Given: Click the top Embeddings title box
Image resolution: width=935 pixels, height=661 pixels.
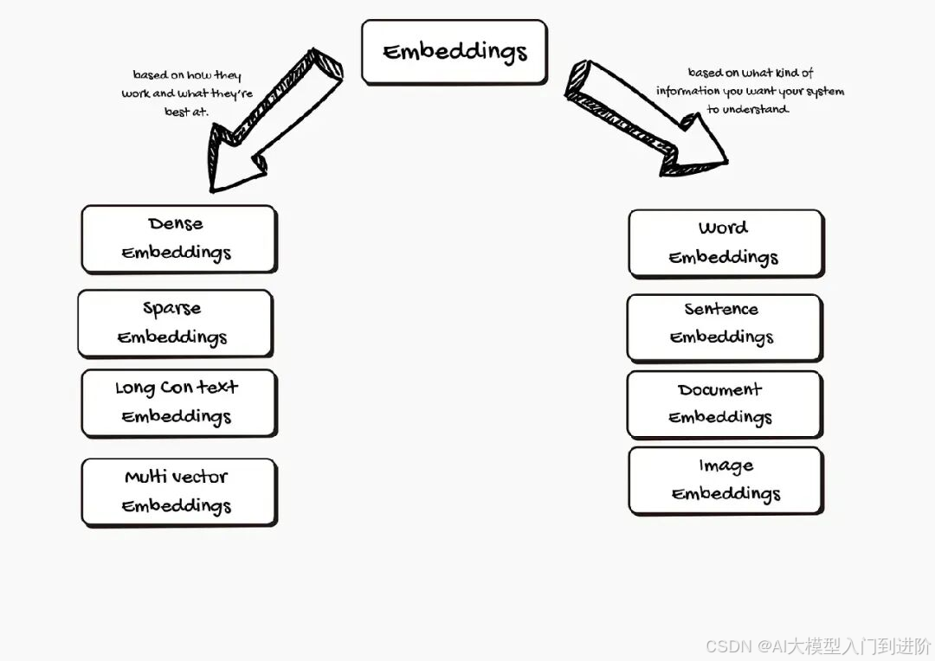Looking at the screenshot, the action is (x=455, y=52).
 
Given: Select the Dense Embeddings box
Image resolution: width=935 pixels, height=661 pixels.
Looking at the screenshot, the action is (x=178, y=239).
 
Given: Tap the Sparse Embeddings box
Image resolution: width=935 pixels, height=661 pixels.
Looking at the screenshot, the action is (x=175, y=323).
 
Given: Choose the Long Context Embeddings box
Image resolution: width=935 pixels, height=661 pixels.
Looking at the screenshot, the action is (x=178, y=402).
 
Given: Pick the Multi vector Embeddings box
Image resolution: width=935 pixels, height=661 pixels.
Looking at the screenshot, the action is (x=178, y=491).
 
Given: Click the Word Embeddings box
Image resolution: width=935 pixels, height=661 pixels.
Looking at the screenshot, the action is (x=725, y=243).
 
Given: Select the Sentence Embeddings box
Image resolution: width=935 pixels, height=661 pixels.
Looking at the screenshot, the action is (x=724, y=327).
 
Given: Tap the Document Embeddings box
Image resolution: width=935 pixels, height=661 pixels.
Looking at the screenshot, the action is (x=724, y=404).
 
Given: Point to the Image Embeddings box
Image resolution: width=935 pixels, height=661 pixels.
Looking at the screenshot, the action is (x=725, y=480).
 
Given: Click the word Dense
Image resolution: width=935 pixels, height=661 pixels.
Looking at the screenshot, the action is (x=176, y=224).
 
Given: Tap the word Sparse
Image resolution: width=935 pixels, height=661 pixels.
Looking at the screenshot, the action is (x=172, y=308).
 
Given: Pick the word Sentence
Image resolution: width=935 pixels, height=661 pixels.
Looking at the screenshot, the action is (x=721, y=310).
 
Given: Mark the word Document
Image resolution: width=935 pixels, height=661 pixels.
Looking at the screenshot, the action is (x=720, y=390).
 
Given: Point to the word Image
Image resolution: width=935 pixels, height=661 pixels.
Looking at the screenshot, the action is (x=726, y=466).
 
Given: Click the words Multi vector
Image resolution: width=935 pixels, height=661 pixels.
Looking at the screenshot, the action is (x=177, y=477).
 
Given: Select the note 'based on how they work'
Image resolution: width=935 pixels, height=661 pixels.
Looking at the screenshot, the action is (x=187, y=93).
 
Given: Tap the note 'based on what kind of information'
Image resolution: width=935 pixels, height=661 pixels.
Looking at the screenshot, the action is (x=750, y=91).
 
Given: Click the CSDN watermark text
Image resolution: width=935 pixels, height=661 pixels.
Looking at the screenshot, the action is (x=817, y=646).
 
